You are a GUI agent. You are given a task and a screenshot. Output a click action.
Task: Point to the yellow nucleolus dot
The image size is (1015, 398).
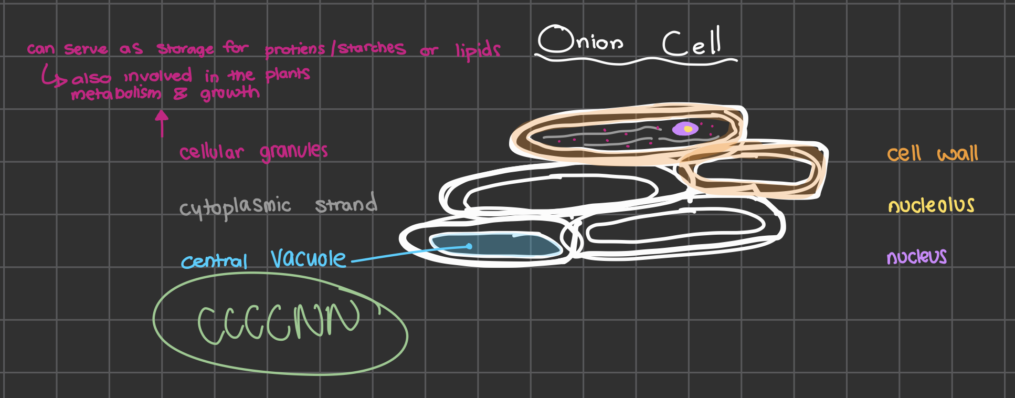point(688,129)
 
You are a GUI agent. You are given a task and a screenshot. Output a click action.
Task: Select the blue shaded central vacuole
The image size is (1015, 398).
point(493,245)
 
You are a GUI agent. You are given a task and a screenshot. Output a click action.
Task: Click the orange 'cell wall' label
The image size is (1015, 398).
point(932,153)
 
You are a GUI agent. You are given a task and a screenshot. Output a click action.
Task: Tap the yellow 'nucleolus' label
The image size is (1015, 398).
point(931,205)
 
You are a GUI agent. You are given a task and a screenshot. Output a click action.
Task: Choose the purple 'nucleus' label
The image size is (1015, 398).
point(916,257)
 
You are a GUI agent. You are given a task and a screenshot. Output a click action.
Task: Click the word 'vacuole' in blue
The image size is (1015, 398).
point(308,258)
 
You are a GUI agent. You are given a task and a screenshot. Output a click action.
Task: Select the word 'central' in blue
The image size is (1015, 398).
point(214,261)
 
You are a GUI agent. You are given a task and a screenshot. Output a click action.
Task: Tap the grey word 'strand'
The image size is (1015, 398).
point(346,204)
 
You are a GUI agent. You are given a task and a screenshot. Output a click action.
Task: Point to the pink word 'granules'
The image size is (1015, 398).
point(293,152)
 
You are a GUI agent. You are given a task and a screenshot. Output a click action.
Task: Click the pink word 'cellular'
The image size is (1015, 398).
point(212,152)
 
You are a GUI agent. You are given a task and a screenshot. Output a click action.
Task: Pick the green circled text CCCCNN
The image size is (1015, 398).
point(279,322)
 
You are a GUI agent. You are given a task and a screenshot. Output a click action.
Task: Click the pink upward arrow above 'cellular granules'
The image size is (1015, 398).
point(162,123)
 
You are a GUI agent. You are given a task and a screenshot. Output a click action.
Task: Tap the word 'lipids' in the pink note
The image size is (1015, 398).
point(478,50)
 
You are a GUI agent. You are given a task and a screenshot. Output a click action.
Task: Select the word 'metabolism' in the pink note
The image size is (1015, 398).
point(116,94)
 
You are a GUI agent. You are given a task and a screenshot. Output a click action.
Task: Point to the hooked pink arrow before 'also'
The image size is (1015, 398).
point(53,77)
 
